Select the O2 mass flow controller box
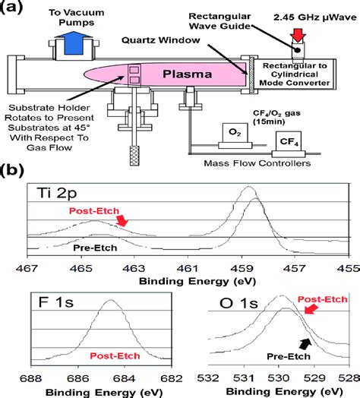pos(236,134)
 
